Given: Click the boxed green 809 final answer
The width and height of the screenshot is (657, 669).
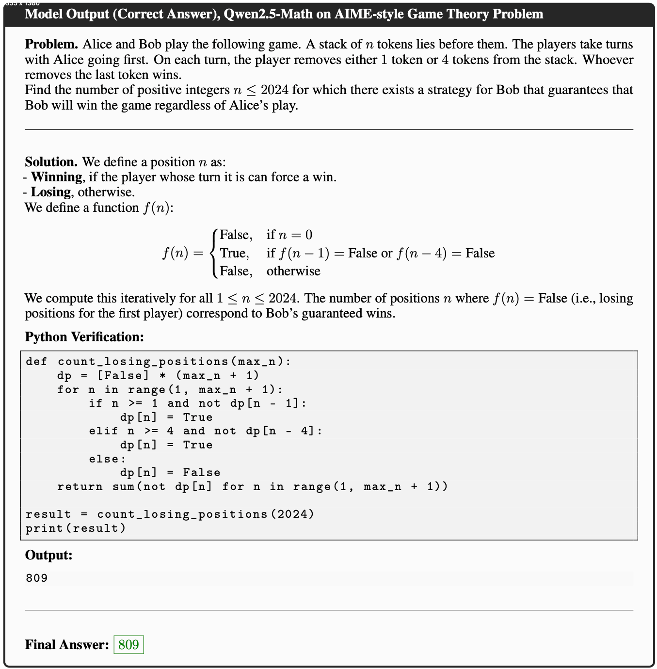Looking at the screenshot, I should [128, 644].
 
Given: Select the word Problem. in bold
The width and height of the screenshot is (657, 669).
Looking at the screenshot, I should [51, 44].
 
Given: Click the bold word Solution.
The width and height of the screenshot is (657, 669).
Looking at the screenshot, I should [51, 162].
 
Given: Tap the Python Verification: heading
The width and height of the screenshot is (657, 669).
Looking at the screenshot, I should [84, 337].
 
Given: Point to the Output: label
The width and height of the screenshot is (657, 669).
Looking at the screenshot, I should [48, 555].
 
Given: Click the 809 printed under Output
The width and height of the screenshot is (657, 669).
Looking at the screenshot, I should [37, 578].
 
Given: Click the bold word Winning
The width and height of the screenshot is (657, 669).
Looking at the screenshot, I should [56, 177].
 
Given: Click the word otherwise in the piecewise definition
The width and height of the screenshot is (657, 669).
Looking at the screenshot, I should [293, 271].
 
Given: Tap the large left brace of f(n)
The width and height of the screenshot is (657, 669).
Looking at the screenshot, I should [214, 253].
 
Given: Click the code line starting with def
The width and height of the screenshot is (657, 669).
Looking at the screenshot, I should [158, 362].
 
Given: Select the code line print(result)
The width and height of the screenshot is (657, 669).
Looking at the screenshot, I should [76, 528].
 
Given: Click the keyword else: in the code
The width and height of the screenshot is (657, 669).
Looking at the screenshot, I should [107, 459].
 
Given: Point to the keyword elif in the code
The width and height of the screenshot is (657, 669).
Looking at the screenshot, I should [103, 431].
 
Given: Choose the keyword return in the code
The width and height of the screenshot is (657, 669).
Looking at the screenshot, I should [80, 486].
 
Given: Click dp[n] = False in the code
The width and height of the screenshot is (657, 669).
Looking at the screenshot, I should [170, 473].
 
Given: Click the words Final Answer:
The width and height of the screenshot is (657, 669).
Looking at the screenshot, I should [67, 644].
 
